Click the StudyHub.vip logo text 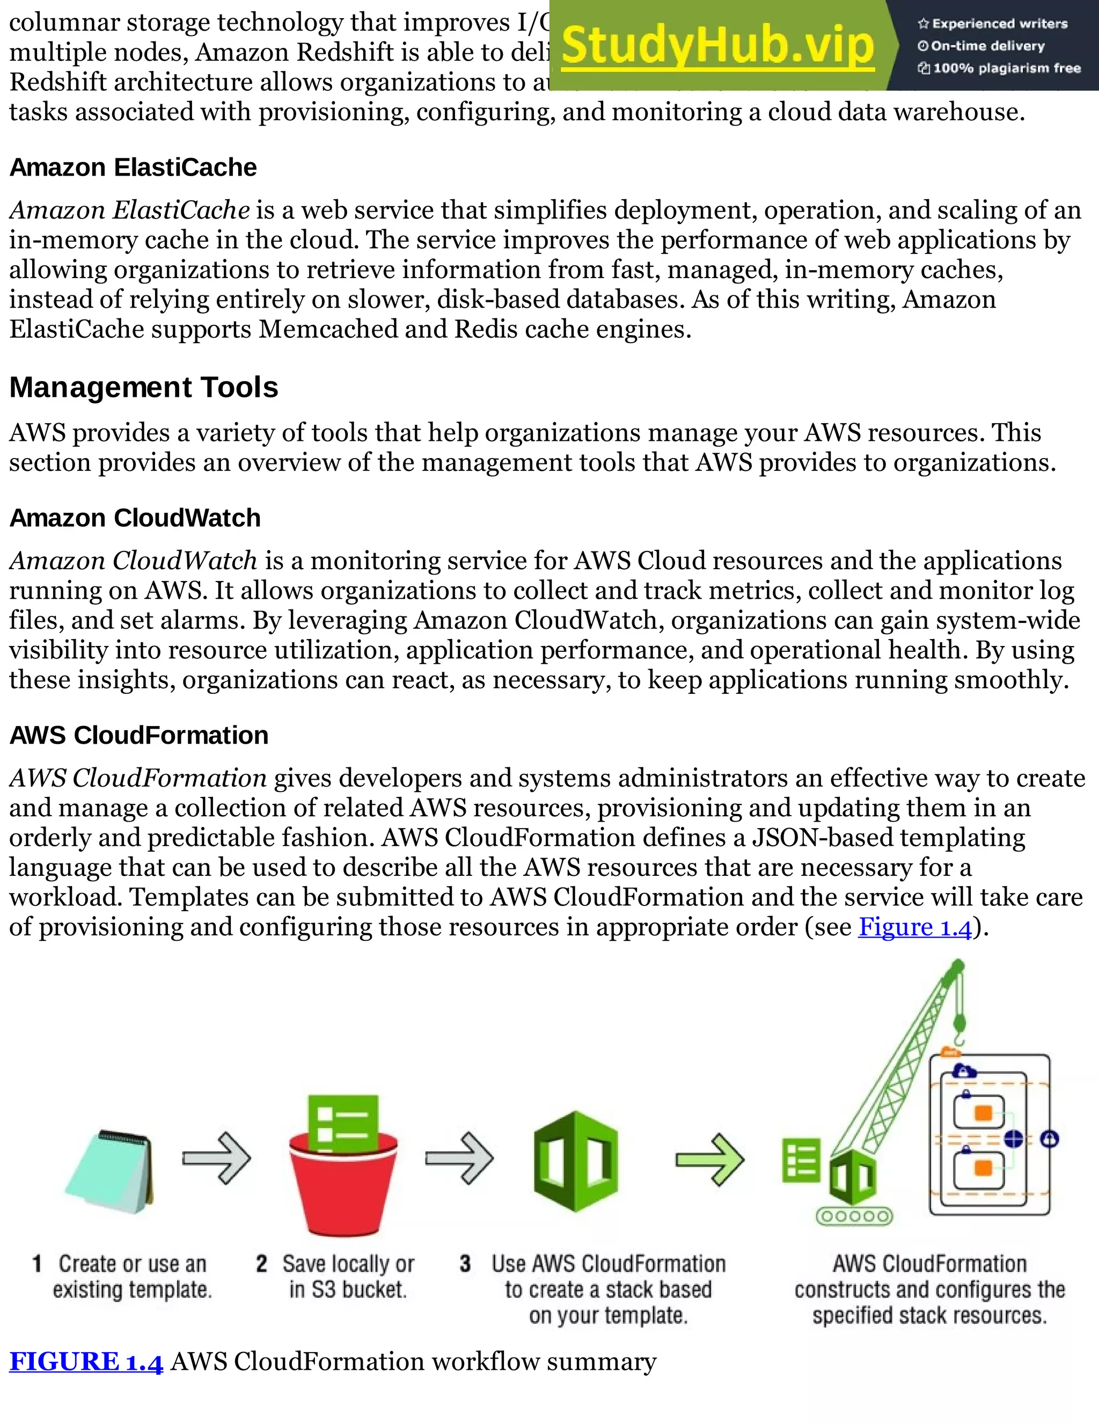(x=717, y=46)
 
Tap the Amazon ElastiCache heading (x=133, y=168)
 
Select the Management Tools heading (x=143, y=387)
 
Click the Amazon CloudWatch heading (x=135, y=518)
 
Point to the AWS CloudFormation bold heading (x=138, y=735)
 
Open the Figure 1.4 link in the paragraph (x=915, y=926)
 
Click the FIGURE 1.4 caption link (x=86, y=1362)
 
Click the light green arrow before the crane (x=709, y=1159)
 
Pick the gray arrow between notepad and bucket (x=217, y=1158)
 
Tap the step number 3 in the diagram (x=465, y=1264)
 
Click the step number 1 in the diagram (x=37, y=1264)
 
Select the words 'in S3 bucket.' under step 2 (x=348, y=1289)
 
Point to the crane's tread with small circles (x=854, y=1216)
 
